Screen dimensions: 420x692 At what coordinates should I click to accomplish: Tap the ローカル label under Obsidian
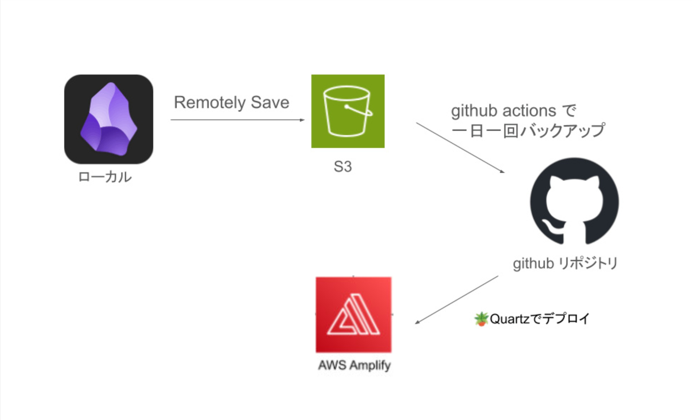coord(105,177)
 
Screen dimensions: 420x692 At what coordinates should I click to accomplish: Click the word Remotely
coord(210,102)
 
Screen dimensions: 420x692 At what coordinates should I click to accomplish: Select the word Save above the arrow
coord(270,102)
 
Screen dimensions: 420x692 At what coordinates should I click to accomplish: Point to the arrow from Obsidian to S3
coord(237,120)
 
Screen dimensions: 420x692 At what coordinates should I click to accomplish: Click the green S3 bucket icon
coord(348,111)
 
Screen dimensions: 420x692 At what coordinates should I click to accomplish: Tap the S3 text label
coord(342,166)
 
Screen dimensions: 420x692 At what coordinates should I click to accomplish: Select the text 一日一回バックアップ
coord(528,131)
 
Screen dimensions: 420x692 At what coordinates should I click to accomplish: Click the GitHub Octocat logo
coord(574,201)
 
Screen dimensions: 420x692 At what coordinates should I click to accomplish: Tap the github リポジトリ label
coord(565,264)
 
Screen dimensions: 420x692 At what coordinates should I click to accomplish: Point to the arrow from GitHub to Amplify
coord(457,300)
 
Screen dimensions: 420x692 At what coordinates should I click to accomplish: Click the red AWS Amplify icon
coord(354,315)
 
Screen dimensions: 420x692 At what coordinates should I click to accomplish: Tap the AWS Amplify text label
coord(354,365)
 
